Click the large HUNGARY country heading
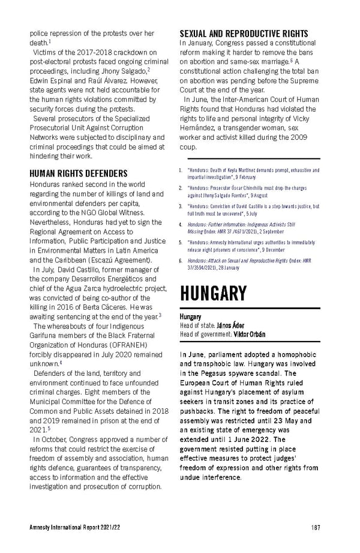click(x=213, y=294)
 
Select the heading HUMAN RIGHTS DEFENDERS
click(x=78, y=174)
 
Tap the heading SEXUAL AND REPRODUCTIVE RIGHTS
click(x=244, y=34)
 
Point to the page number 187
click(x=315, y=527)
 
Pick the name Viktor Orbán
click(x=249, y=334)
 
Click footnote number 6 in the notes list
click(x=181, y=261)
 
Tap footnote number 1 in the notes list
click(x=181, y=171)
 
